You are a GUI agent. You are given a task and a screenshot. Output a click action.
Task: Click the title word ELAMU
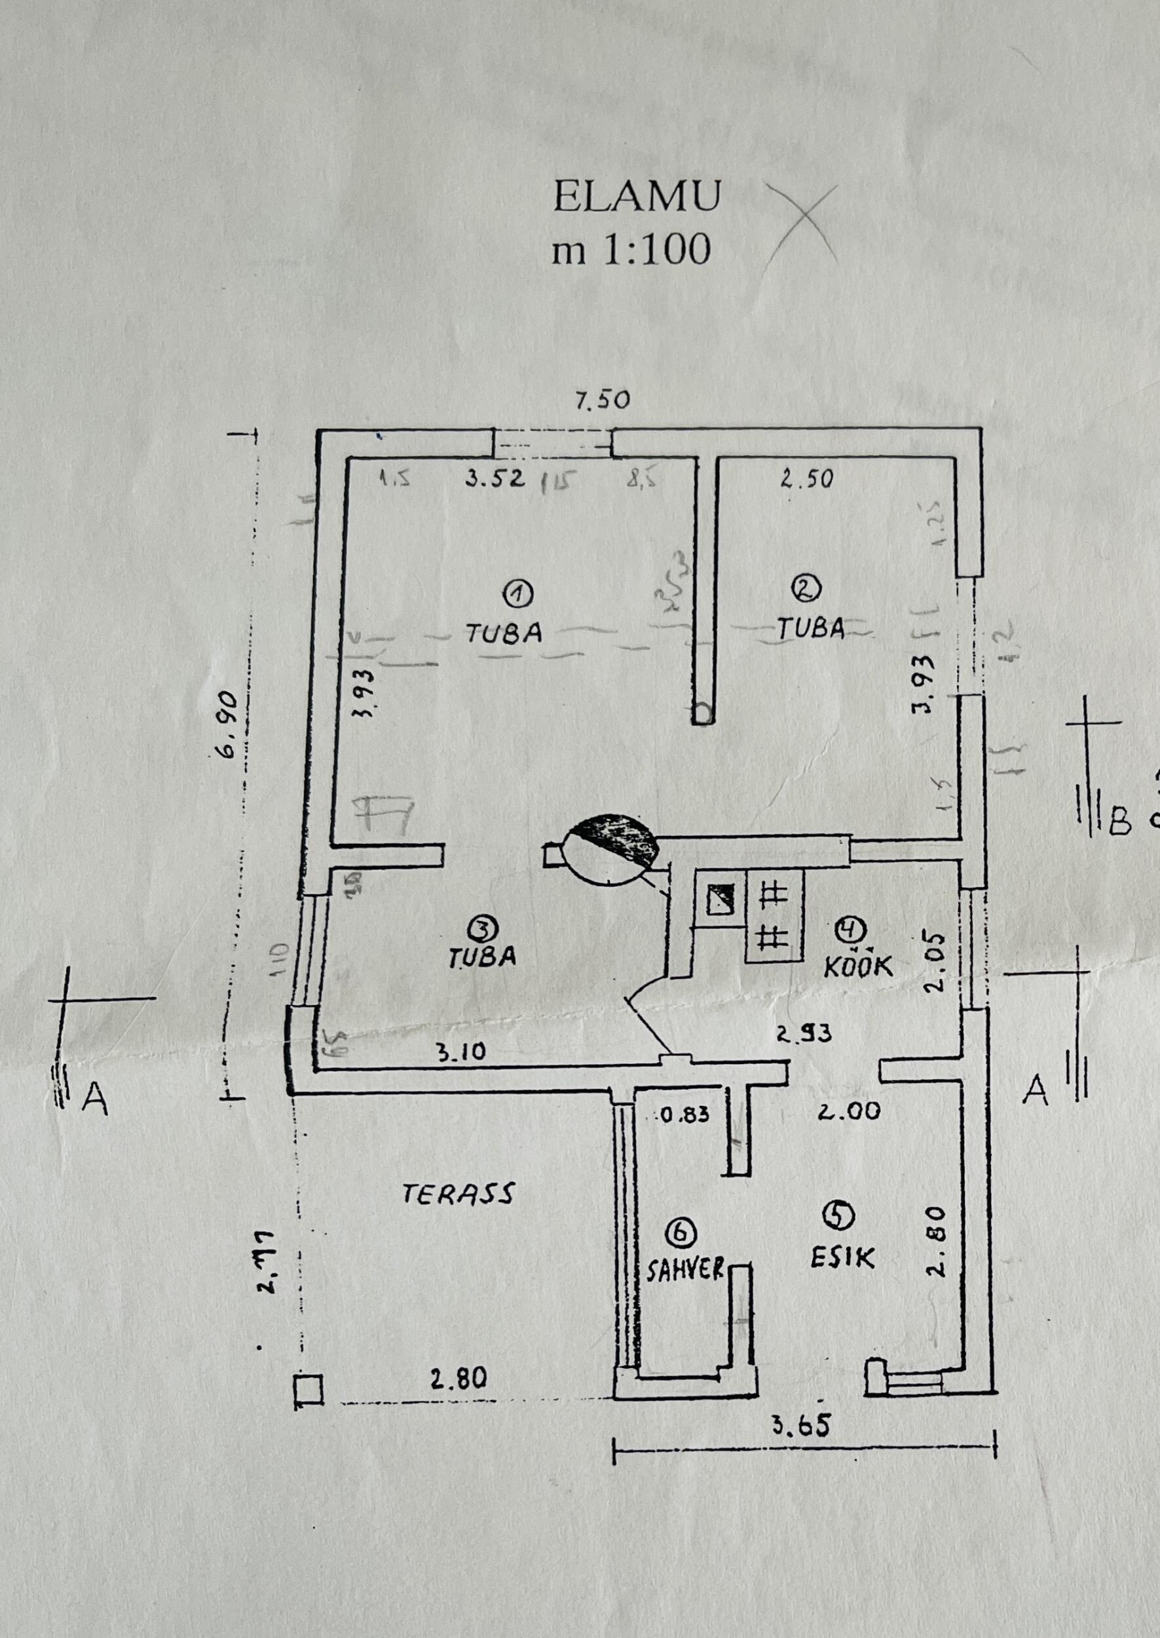coord(637,198)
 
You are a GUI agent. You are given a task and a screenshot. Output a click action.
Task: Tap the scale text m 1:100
coord(631,250)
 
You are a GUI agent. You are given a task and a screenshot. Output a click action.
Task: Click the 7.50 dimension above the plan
coord(603,401)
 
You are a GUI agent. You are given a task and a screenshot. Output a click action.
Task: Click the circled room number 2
coord(808,588)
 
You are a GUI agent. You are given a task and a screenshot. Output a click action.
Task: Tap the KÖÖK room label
coord(858,966)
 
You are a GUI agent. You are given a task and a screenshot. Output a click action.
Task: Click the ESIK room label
coord(842,1257)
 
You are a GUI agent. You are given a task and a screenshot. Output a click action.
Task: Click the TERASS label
coord(458,1194)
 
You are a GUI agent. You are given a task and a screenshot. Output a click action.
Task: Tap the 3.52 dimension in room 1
coord(495,478)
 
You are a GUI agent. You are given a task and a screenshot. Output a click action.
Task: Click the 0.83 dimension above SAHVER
coord(684,1113)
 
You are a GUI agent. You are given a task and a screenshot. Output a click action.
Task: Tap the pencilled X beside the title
coord(802,222)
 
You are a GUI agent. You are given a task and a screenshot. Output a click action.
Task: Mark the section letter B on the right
coord(1120,824)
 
